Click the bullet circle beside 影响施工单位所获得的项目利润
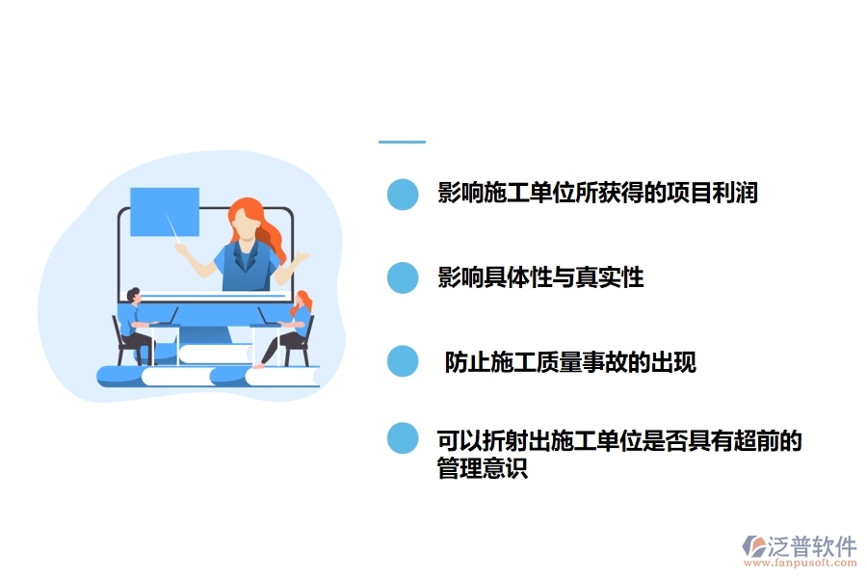(403, 194)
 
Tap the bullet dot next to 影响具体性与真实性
(403, 278)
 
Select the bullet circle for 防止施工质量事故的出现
(403, 362)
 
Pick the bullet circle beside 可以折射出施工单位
(403, 438)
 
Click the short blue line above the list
(402, 142)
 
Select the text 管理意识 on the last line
(483, 470)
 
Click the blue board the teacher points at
(165, 212)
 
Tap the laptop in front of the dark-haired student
(165, 317)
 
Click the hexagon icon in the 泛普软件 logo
(752, 547)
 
